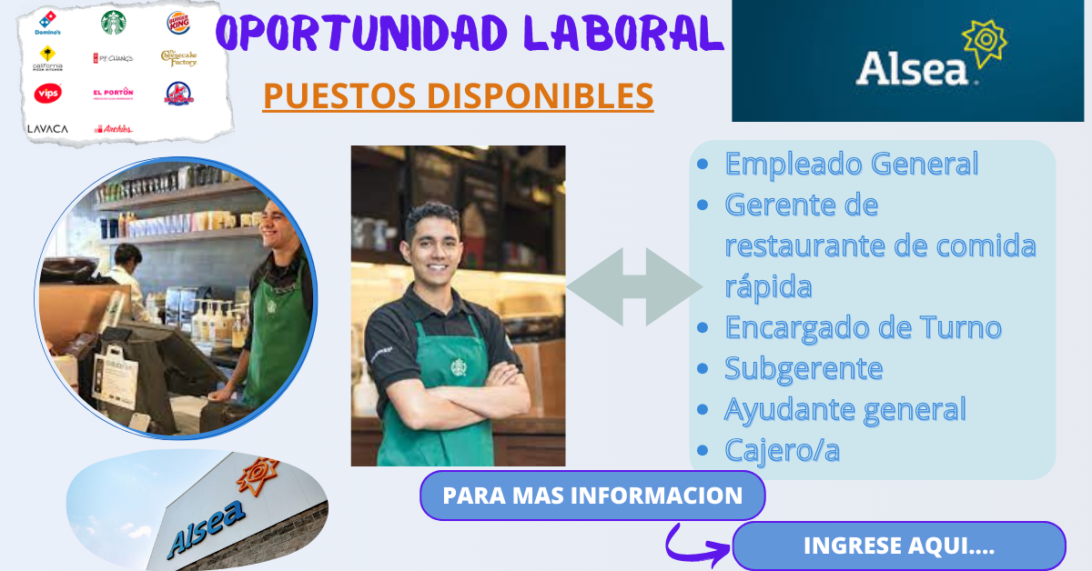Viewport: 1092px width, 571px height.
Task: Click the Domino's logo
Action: coord(47,23)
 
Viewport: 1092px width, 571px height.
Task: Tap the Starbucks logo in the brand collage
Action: coord(114,23)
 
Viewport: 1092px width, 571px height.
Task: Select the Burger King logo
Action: coord(178,23)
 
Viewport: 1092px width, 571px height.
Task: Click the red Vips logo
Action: coord(47,93)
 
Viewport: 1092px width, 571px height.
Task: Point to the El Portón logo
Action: coord(113,93)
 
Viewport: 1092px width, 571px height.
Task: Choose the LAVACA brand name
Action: coord(47,129)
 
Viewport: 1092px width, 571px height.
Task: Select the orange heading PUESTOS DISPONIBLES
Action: coord(458,95)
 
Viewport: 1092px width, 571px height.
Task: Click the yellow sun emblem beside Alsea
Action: coord(984,43)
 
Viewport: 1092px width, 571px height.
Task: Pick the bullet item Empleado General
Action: coord(851,165)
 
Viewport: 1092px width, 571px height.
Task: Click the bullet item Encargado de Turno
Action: coord(863,327)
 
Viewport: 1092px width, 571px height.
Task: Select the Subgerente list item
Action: coord(804,368)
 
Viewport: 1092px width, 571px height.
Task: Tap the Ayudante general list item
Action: coord(844,409)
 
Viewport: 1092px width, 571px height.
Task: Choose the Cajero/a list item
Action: coord(782,450)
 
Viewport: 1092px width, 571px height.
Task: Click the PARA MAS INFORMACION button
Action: coord(592,496)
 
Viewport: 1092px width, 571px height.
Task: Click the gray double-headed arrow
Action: coord(634,287)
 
